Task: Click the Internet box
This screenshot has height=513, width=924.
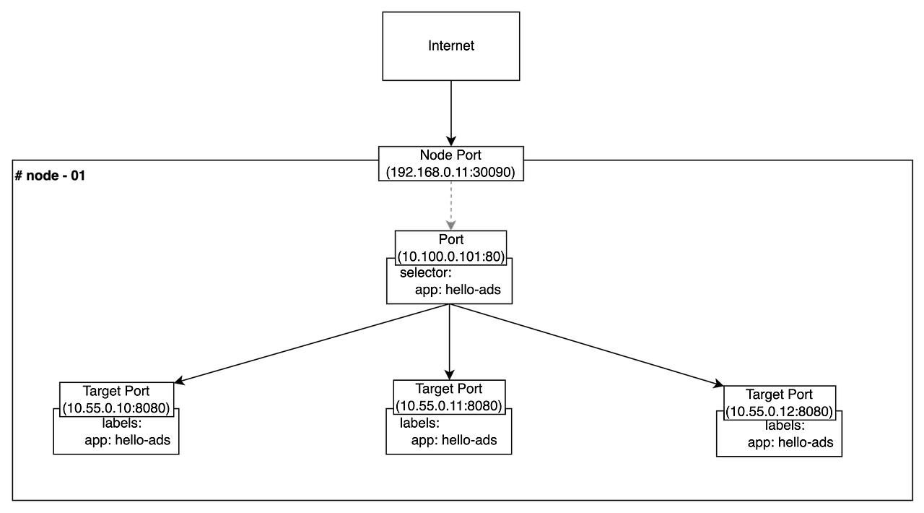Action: [x=450, y=46]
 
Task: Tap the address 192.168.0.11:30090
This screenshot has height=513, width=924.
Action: [x=450, y=172]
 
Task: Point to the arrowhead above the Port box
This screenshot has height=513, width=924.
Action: [x=451, y=224]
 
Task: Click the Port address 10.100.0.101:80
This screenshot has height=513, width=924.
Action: [x=450, y=256]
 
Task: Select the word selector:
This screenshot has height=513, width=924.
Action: [x=425, y=272]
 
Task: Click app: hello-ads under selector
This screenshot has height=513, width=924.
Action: [x=458, y=290]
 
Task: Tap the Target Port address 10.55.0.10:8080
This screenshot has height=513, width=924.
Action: [x=116, y=408]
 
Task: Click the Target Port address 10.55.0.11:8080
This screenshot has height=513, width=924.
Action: [x=449, y=406]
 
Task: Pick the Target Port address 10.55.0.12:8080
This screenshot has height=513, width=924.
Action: [x=780, y=412]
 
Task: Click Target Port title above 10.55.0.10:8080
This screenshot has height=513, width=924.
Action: [x=116, y=392]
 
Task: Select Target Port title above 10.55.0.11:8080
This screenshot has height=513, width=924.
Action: [x=449, y=389]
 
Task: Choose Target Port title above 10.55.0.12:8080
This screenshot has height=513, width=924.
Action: [x=780, y=395]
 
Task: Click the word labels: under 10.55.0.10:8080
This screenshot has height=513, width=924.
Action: [x=121, y=423]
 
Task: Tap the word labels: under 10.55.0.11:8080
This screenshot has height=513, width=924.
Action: [x=419, y=423]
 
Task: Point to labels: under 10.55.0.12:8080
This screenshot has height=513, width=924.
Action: [x=785, y=426]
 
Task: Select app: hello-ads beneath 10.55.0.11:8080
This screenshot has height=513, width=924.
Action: [x=454, y=439]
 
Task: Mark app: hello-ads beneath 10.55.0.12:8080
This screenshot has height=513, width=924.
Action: [x=790, y=442]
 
